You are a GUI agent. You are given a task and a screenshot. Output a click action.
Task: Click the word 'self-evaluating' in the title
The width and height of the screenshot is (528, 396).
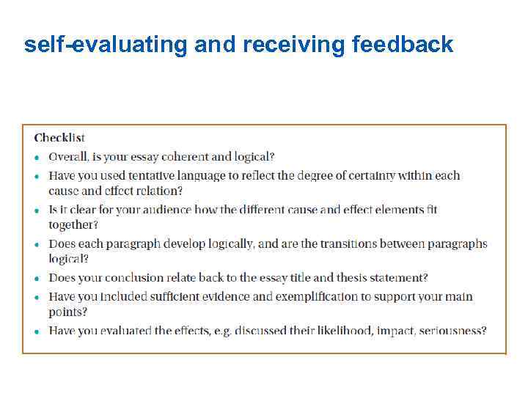pyautogui.click(x=106, y=45)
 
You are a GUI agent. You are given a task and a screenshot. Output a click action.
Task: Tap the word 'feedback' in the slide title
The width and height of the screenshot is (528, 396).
pyautogui.click(x=403, y=45)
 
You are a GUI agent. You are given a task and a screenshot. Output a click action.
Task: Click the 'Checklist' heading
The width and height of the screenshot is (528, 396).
pyautogui.click(x=59, y=138)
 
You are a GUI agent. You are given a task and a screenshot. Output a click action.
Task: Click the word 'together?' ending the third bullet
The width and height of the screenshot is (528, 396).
pyautogui.click(x=73, y=225)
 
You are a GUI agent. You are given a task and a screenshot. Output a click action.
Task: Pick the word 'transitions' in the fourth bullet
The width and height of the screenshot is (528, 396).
pyautogui.click(x=341, y=244)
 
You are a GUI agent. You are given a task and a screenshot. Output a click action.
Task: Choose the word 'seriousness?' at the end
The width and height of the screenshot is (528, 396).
pyautogui.click(x=453, y=331)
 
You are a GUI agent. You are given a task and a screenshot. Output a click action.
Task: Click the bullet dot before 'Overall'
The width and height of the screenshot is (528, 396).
pyautogui.click(x=37, y=158)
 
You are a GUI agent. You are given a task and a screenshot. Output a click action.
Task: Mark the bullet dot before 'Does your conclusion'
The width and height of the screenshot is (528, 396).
pyautogui.click(x=37, y=279)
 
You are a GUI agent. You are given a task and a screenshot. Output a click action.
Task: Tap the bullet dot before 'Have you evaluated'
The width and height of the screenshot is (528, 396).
pyautogui.click(x=37, y=331)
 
